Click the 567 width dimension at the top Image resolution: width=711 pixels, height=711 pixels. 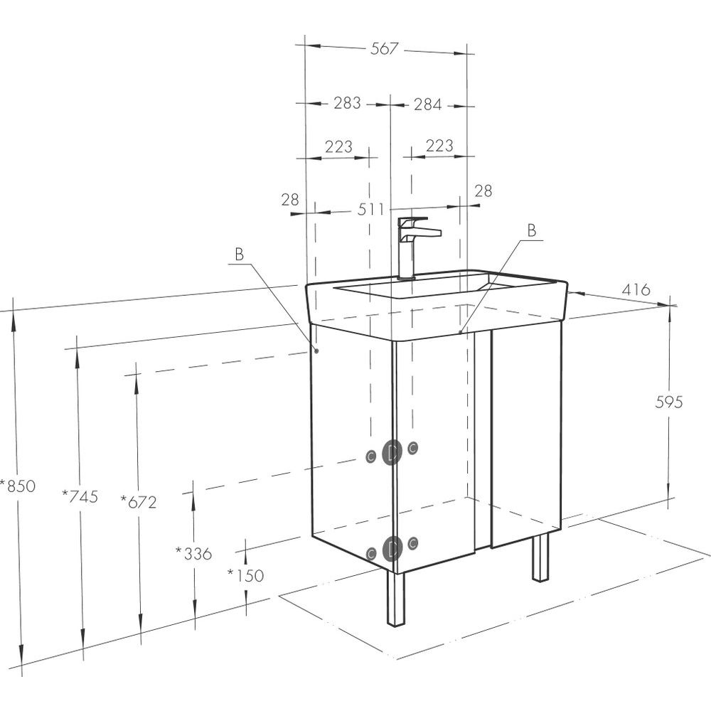[385, 48]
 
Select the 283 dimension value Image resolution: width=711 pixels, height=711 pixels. [348, 103]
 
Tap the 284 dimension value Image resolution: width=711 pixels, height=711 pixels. [427, 105]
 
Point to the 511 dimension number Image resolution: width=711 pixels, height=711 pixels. [371, 209]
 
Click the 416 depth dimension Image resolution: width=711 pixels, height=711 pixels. [636, 289]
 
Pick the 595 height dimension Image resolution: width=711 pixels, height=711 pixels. [669, 402]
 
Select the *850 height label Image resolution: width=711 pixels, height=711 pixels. [18, 486]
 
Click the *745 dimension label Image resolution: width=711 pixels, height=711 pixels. [80, 496]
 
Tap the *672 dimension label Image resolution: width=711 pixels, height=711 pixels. [139, 502]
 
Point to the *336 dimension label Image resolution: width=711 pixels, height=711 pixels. [193, 553]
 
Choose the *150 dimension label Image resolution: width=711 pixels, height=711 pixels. [245, 575]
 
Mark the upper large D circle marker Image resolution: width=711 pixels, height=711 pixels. [392, 452]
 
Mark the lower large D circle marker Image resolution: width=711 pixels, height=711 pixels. [392, 549]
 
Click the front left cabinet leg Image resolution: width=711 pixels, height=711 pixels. [395, 599]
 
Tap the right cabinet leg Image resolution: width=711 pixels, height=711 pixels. [540, 557]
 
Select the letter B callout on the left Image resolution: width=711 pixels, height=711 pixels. [239, 255]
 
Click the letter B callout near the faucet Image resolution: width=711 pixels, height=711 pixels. [532, 230]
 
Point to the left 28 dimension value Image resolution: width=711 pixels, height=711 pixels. [290, 199]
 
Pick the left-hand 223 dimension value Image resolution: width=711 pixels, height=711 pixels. [338, 146]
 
